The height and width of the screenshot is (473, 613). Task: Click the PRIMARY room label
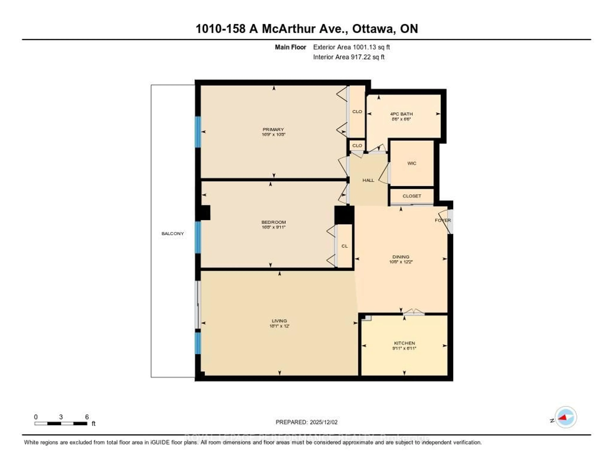coord(273,129)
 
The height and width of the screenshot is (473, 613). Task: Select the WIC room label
coord(412,163)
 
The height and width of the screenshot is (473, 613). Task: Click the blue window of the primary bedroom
coord(198,132)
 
